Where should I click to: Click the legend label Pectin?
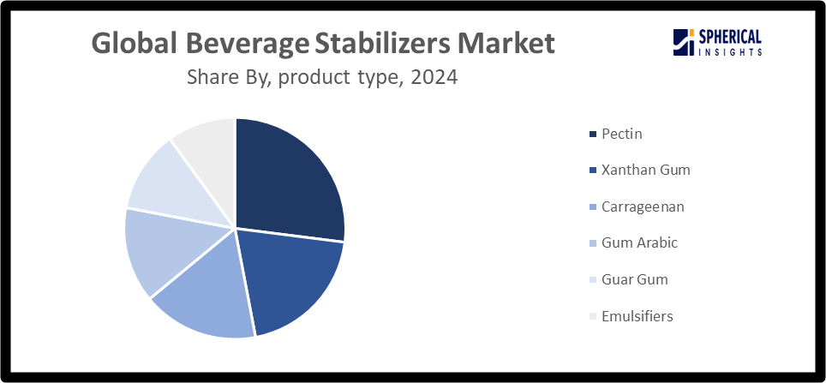pyautogui.click(x=621, y=135)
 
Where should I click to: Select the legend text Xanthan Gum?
pyautogui.click(x=645, y=171)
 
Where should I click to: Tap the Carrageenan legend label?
pyautogui.click(x=643, y=207)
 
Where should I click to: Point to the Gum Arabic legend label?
pyautogui.click(x=639, y=243)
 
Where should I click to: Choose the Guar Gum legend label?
pyautogui.click(x=634, y=280)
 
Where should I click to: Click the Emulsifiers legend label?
pyautogui.click(x=637, y=316)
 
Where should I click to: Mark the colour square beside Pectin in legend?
pyautogui.click(x=592, y=135)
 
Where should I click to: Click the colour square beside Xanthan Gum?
pyautogui.click(x=592, y=171)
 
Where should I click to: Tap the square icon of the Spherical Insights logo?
pyautogui.click(x=683, y=41)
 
